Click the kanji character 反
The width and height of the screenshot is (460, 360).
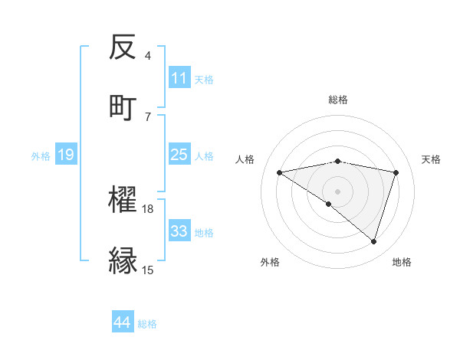tap(123, 47)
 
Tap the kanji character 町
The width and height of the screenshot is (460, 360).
tap(123, 106)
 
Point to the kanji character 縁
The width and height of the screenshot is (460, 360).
tap(123, 260)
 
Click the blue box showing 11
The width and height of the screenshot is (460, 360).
tap(179, 78)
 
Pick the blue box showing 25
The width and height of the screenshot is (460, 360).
tap(179, 155)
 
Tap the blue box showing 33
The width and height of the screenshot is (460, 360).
tap(179, 231)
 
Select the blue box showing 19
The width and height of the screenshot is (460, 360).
tap(65, 155)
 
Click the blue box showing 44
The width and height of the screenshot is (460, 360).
tap(122, 322)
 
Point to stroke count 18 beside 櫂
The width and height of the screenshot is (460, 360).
tap(148, 208)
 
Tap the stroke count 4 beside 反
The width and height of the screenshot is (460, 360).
tap(148, 56)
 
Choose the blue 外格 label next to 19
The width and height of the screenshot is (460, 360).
tap(41, 156)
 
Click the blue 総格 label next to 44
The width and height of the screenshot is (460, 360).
tap(147, 324)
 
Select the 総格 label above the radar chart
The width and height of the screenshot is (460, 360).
tap(338, 100)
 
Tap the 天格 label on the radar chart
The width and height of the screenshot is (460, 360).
tap(432, 159)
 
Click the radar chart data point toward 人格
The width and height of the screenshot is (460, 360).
tap(280, 172)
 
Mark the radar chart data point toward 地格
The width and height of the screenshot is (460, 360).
tap(374, 241)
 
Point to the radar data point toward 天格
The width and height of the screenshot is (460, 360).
tap(396, 172)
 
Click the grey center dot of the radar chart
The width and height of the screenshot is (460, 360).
tap(338, 191)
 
